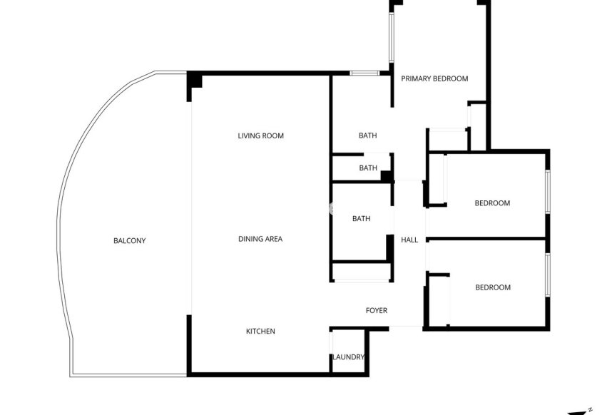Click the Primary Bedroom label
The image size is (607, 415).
[x=434, y=78]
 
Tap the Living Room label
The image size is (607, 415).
[x=260, y=135]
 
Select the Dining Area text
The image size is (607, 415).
[x=260, y=239]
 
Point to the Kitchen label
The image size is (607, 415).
[x=260, y=331]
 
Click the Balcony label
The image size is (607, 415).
[x=129, y=241]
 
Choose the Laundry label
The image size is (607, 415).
[x=349, y=357]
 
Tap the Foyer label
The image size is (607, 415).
[x=376, y=310]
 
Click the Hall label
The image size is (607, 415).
[x=409, y=240]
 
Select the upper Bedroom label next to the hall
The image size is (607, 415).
[x=492, y=203]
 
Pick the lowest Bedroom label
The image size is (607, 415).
[x=493, y=287]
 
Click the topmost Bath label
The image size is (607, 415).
[x=367, y=135]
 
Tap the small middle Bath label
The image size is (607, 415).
[x=368, y=168]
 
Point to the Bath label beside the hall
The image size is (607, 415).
[x=361, y=219]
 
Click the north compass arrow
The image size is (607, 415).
[x=580, y=411]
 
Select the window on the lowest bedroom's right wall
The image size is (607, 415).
[x=548, y=275]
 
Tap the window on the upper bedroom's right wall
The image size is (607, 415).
[x=548, y=191]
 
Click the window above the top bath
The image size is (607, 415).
[x=364, y=73]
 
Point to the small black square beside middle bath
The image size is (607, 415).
[x=386, y=176]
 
